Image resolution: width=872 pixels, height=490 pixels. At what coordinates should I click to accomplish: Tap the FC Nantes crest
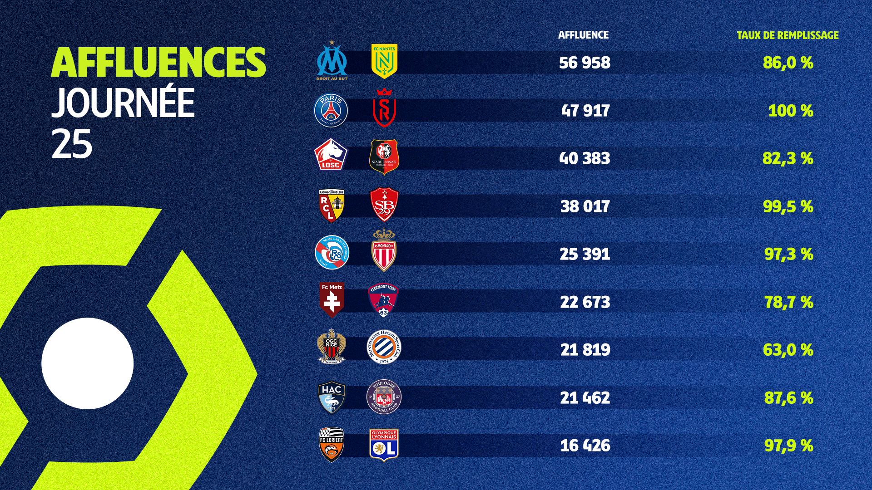click(x=384, y=61)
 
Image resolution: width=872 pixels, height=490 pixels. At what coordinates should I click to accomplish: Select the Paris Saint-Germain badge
click(x=331, y=111)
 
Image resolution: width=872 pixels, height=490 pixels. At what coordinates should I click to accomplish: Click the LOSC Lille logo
click(x=331, y=155)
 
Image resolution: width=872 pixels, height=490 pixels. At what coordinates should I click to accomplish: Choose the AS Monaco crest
click(x=384, y=250)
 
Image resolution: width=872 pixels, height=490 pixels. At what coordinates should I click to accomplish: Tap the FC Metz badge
click(x=332, y=299)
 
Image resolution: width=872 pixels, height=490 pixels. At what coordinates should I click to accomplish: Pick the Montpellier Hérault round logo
click(x=384, y=347)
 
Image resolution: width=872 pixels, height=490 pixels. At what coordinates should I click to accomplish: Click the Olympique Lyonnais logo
click(x=384, y=445)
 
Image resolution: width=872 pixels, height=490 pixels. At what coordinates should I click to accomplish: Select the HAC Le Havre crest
click(x=332, y=397)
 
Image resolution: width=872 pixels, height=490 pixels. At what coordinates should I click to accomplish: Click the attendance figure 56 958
click(x=585, y=63)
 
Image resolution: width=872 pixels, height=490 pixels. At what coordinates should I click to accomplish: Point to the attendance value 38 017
click(x=585, y=206)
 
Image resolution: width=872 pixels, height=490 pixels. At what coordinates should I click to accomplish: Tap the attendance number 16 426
click(x=585, y=446)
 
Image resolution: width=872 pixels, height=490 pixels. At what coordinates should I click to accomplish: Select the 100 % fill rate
click(x=790, y=111)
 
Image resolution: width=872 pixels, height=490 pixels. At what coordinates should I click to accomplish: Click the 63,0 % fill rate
click(x=788, y=350)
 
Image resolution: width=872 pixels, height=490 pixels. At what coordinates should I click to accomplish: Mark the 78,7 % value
click(x=789, y=302)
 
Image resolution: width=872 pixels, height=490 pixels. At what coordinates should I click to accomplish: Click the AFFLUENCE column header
click(x=583, y=35)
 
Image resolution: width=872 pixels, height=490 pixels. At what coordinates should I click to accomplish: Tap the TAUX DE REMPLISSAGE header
click(x=788, y=35)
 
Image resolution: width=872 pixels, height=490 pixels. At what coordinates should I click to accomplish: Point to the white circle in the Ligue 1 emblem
click(x=88, y=363)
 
